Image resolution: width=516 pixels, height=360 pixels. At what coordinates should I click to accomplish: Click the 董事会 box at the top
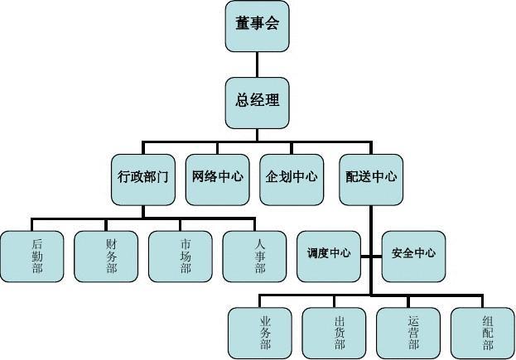257,25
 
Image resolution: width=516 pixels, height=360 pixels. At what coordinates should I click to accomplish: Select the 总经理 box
257,102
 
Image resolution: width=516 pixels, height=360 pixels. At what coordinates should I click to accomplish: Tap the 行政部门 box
142,177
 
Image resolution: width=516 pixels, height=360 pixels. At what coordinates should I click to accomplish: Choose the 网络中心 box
217,177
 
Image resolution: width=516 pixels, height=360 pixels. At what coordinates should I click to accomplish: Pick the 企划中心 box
292,177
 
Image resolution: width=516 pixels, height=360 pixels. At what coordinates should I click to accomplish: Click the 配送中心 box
370,177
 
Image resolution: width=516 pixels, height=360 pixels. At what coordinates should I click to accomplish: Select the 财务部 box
107,257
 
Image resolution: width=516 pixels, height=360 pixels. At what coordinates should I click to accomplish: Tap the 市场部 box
181,257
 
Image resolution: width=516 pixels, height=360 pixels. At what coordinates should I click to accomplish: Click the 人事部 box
256,257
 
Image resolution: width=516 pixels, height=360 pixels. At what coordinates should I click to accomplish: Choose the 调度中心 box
329,253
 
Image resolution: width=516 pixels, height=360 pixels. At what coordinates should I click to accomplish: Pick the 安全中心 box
412,253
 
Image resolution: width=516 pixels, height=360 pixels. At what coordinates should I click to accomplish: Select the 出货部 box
335,333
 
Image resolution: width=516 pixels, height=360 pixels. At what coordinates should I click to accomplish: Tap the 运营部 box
409,333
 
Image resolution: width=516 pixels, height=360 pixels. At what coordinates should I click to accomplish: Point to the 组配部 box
484,333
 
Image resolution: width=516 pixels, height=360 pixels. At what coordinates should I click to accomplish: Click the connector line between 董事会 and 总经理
257,64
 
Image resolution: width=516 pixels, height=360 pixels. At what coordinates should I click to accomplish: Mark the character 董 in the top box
243,24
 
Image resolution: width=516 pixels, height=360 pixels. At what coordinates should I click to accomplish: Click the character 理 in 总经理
272,101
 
